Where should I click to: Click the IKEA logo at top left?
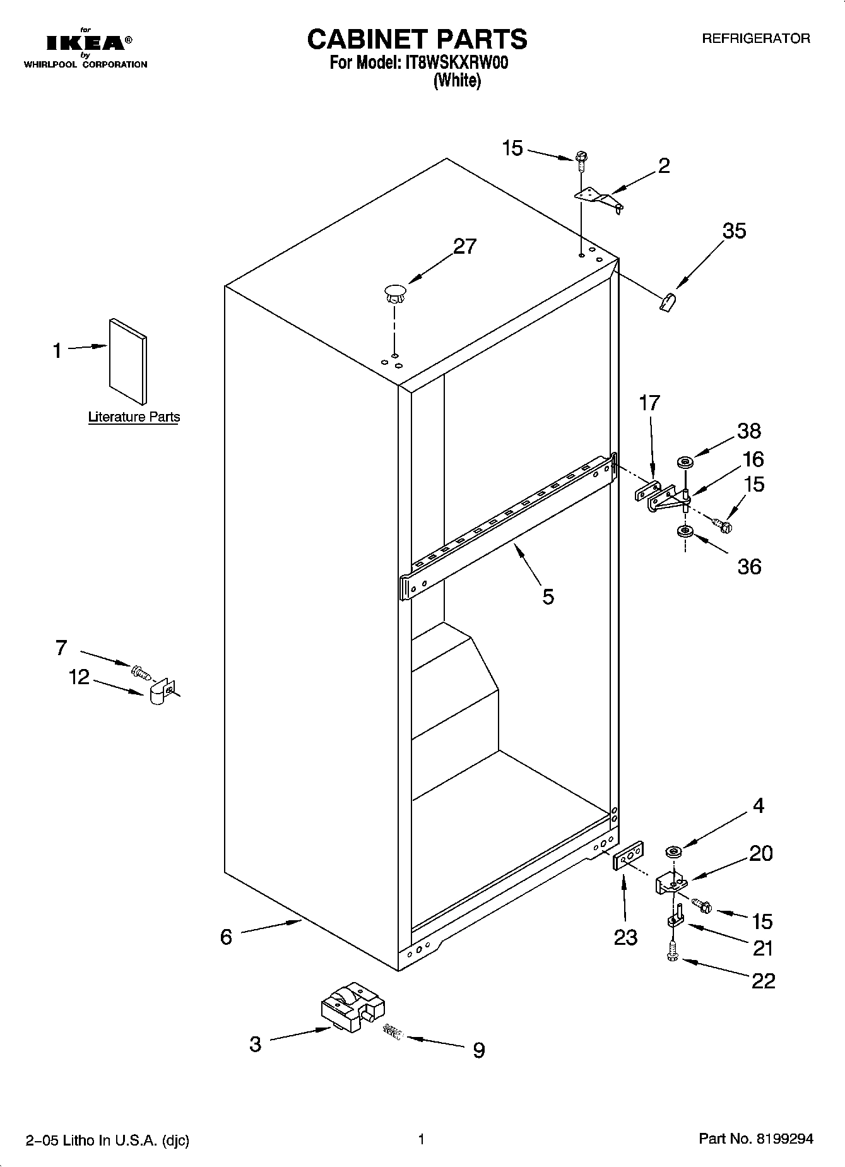pyautogui.click(x=88, y=43)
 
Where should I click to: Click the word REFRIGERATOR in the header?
pyautogui.click(x=755, y=39)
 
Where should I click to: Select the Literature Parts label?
pyautogui.click(x=134, y=417)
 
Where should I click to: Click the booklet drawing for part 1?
pyautogui.click(x=129, y=360)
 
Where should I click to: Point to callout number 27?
pyautogui.click(x=464, y=246)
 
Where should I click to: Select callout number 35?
pyautogui.click(x=734, y=231)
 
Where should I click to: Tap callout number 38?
pyautogui.click(x=748, y=431)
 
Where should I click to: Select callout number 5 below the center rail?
pyautogui.click(x=548, y=596)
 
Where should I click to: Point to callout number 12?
pyautogui.click(x=79, y=677)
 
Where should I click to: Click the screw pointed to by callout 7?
pyautogui.click(x=140, y=672)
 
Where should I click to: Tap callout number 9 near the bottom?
pyautogui.click(x=479, y=1050)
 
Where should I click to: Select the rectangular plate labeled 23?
pyautogui.click(x=628, y=855)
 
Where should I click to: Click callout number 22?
pyautogui.click(x=762, y=980)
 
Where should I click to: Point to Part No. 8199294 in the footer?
pyautogui.click(x=756, y=1139)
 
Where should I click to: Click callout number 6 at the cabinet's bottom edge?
pyautogui.click(x=226, y=937)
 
